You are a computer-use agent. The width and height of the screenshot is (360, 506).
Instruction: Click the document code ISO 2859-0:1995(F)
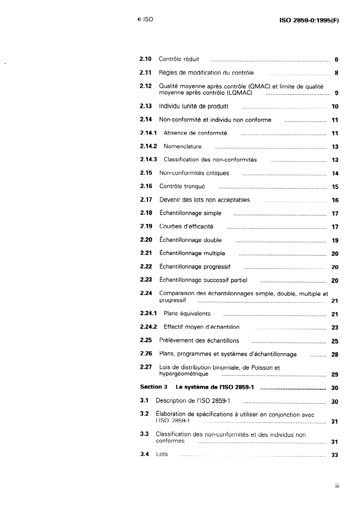[x=309, y=20]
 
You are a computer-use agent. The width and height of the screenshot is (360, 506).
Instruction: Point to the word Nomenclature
[x=182, y=147]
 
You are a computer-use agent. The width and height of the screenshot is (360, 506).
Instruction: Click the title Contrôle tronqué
[x=182, y=186]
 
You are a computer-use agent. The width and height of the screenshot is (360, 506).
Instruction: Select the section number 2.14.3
[x=148, y=160]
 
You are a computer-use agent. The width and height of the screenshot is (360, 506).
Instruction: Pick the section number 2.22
[x=146, y=267]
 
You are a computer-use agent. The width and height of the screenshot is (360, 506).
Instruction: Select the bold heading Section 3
[x=153, y=387]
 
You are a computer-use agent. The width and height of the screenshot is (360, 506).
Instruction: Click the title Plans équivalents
[x=187, y=313]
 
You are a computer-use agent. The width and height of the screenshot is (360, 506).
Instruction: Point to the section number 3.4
[x=144, y=454]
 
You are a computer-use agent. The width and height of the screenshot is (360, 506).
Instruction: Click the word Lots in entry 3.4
[x=162, y=454]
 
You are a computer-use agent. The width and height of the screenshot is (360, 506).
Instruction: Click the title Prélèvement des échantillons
[x=199, y=340]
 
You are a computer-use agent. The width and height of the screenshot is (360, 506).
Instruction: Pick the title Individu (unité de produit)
[x=194, y=107]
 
